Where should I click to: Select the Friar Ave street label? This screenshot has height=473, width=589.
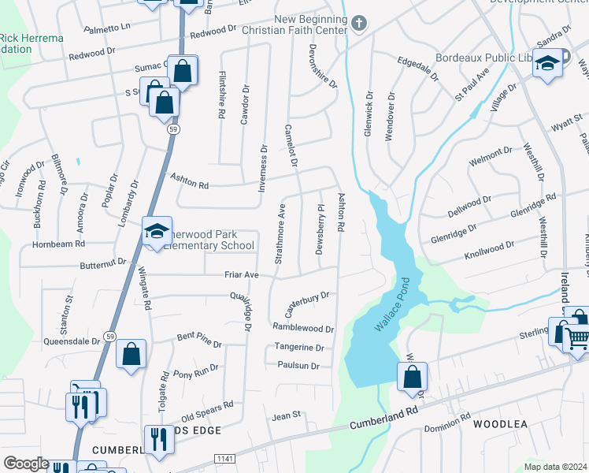(242, 275)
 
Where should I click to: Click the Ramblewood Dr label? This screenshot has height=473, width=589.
(303, 327)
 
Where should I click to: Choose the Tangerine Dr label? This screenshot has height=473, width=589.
(299, 347)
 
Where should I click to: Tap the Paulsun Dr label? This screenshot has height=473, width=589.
(298, 366)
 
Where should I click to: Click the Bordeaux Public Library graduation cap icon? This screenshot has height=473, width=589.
(546, 65)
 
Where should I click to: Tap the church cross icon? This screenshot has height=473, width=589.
(359, 23)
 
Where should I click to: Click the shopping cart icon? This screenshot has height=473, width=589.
(579, 338)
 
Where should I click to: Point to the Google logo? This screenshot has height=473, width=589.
(26, 464)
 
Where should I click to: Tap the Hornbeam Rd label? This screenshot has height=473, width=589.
(57, 244)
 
